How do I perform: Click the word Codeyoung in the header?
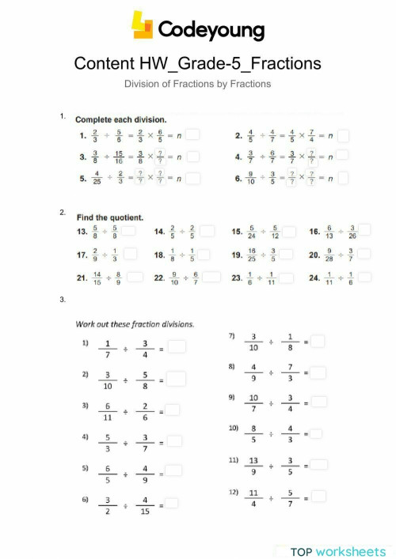click(x=211, y=29)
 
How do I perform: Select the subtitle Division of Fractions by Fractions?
click(x=198, y=83)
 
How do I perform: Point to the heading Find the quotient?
click(x=110, y=216)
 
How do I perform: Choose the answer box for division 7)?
click(x=318, y=341)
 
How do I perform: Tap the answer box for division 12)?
click(x=318, y=497)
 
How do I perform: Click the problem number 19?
click(x=236, y=255)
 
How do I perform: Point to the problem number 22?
click(x=158, y=278)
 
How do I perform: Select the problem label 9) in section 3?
click(x=232, y=397)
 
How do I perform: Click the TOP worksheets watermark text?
click(x=337, y=550)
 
